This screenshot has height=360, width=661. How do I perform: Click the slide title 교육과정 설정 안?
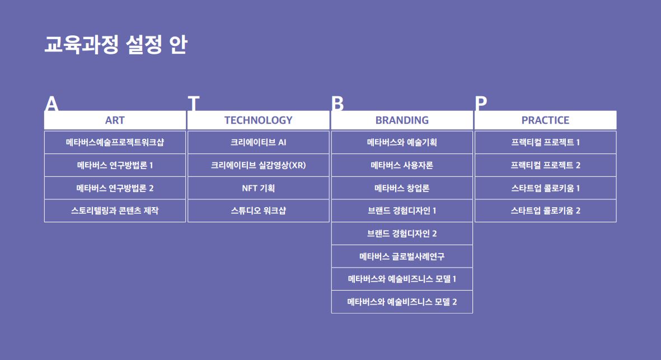(x=115, y=45)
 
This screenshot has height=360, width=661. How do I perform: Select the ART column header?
(x=115, y=120)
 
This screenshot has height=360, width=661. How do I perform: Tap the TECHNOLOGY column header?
(x=258, y=120)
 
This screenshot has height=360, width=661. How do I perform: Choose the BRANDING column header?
(x=402, y=120)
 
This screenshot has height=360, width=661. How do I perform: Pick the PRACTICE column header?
(x=545, y=120)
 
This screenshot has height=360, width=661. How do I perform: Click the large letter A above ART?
(x=51, y=104)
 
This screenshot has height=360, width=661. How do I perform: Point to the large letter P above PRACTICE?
(x=481, y=104)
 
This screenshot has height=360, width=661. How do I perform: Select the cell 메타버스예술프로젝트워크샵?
(x=115, y=142)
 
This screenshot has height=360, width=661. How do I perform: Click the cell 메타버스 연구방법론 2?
(x=115, y=188)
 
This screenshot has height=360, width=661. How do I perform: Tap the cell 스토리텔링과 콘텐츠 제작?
(x=115, y=211)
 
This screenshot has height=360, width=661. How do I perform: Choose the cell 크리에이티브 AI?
(x=258, y=142)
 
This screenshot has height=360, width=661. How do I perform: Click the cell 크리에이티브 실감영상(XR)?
(x=258, y=165)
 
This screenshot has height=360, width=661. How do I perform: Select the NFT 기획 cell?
(x=258, y=188)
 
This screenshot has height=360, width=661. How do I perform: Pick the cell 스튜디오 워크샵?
(x=258, y=211)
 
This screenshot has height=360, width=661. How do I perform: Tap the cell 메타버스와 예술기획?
(x=402, y=142)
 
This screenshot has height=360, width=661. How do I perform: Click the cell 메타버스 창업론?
(x=402, y=188)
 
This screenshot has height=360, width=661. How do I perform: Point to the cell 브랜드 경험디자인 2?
(x=402, y=233)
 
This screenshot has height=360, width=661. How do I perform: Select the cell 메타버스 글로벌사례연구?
(x=402, y=256)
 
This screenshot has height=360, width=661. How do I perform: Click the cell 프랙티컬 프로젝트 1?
(x=545, y=142)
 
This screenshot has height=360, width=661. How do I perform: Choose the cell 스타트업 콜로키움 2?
(x=545, y=211)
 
